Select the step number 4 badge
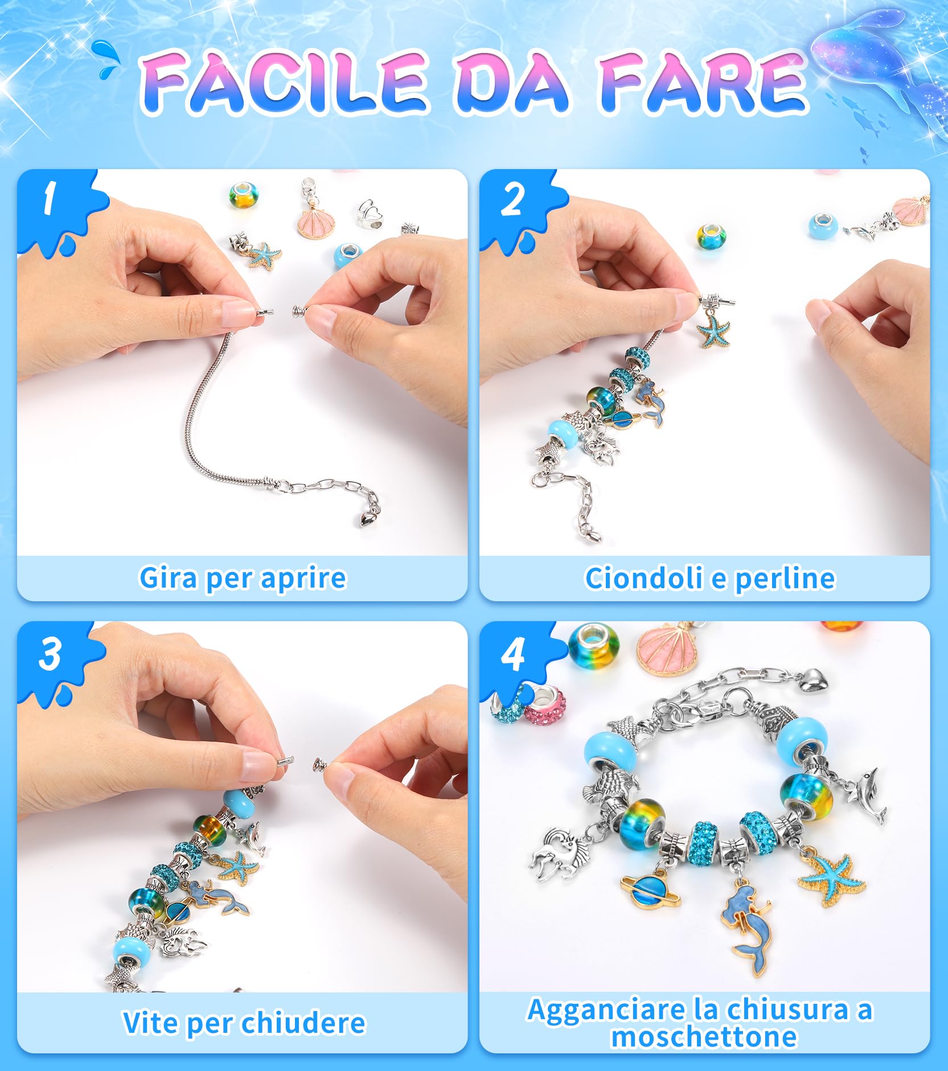pyautogui.click(x=512, y=655)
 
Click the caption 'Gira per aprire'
pyautogui.click(x=243, y=578)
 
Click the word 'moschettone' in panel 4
pyautogui.click(x=704, y=1036)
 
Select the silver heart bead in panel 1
pyautogui.click(x=370, y=214)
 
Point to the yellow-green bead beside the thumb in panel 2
pyautogui.click(x=711, y=235)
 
